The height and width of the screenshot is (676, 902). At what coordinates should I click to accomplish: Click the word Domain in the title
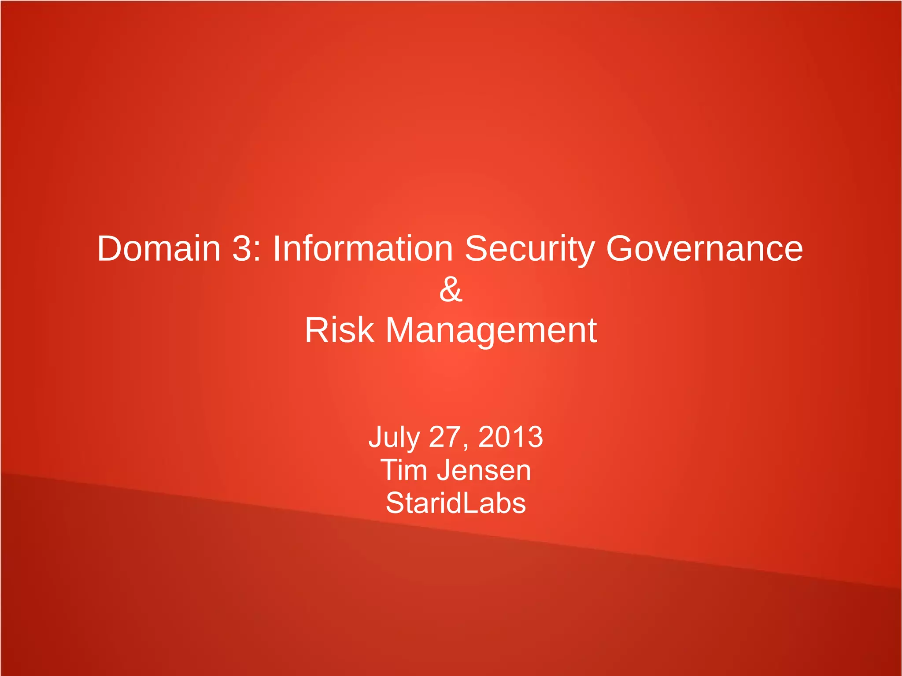[x=159, y=249]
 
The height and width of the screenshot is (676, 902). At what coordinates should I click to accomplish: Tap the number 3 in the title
[x=241, y=249]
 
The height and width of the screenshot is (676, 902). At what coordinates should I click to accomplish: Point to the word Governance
[x=704, y=249]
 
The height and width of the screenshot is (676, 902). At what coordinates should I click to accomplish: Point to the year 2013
[x=510, y=437]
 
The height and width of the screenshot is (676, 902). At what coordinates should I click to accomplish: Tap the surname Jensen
[x=484, y=470]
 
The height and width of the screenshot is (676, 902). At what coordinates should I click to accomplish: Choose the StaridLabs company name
[x=455, y=503]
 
